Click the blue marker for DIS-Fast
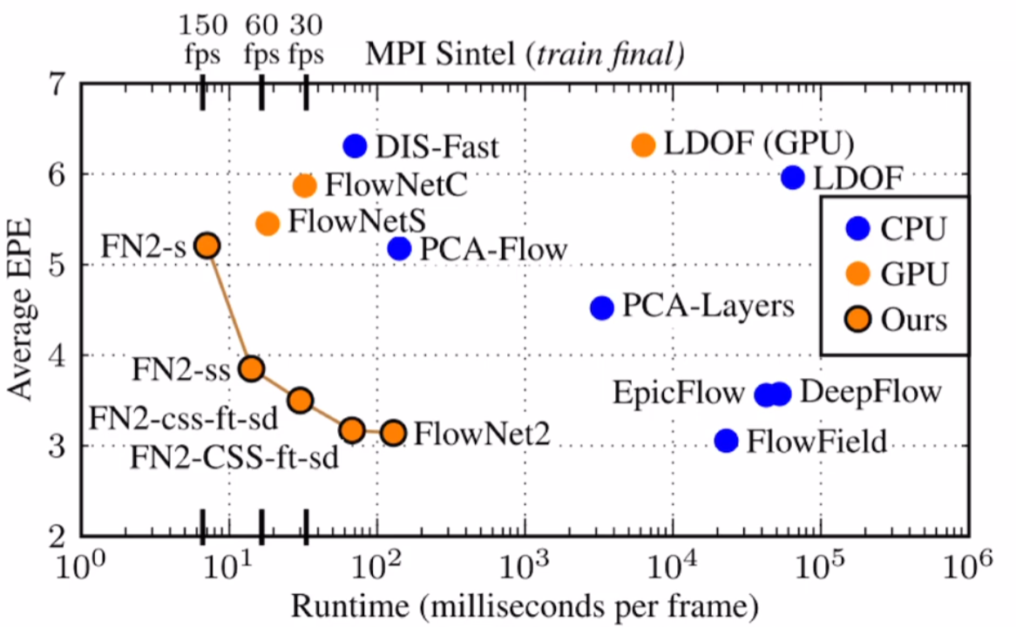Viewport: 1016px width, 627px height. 355,145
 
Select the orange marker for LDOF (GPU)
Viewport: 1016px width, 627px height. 643,145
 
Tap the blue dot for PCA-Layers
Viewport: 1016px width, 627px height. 602,307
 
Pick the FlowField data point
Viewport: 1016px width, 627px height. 726,442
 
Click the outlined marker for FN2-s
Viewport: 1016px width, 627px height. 207,246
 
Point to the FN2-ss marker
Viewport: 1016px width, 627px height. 251,368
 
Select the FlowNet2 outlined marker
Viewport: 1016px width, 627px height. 393,432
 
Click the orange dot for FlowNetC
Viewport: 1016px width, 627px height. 305,185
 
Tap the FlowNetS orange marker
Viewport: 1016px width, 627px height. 268,224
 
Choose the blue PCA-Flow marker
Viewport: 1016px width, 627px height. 399,249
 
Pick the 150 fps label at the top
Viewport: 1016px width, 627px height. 202,38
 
